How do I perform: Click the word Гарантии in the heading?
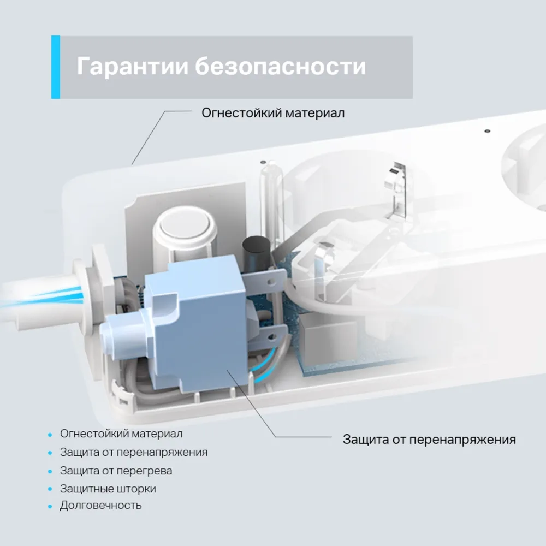132,66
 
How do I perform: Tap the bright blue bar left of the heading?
56,67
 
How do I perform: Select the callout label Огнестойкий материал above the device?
273,113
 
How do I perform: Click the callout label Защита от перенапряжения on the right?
429,440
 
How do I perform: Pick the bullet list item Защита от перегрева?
116,471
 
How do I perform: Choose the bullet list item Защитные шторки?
108,489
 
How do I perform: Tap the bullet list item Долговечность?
100,505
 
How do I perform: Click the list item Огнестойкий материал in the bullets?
121,434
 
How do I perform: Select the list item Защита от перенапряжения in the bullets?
134,452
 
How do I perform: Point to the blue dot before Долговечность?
50,506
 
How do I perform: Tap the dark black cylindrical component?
256,246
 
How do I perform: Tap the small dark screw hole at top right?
488,131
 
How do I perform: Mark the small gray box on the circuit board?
322,334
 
